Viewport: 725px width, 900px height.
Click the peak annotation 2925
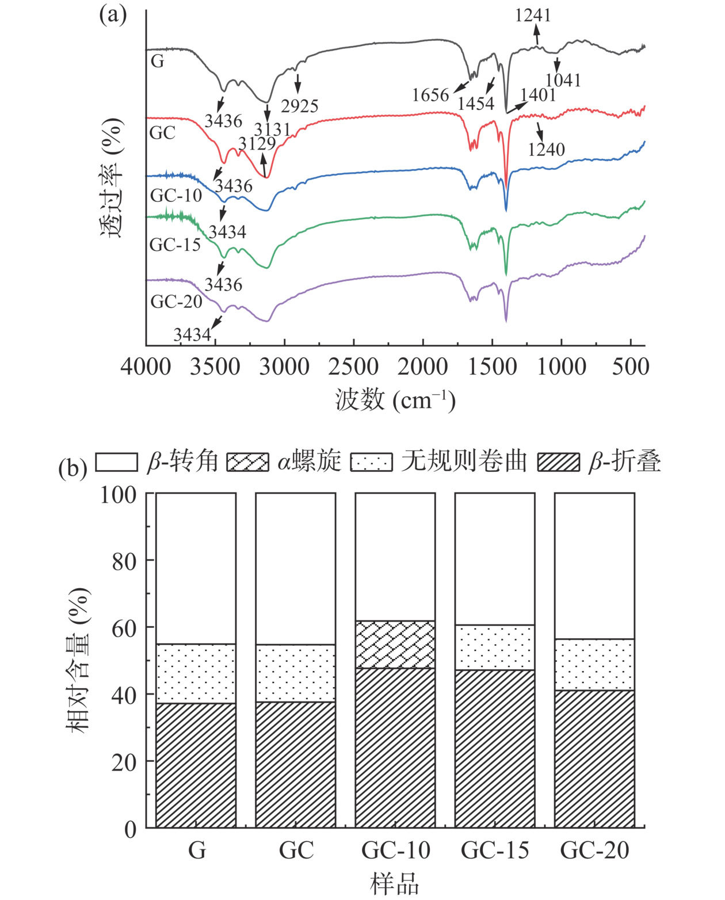(299, 105)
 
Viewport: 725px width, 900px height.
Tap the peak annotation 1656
(430, 94)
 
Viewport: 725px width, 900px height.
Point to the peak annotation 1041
(563, 80)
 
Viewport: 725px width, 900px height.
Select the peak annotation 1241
(533, 14)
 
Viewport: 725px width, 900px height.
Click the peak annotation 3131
(273, 129)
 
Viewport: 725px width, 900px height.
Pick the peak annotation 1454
(476, 104)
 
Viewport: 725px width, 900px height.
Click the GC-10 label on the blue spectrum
(176, 195)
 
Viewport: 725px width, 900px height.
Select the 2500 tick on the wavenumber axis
(353, 367)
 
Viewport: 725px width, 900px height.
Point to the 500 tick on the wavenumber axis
(631, 367)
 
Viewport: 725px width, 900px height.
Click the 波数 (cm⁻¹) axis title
(395, 399)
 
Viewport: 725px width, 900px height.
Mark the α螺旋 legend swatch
(247, 462)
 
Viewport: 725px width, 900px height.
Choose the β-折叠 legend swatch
(558, 462)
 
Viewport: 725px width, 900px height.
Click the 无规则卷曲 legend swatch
(372, 462)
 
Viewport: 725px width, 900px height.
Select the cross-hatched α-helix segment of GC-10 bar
(395, 645)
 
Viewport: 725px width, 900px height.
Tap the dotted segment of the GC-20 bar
(594, 665)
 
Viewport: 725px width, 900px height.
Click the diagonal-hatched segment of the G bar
(196, 765)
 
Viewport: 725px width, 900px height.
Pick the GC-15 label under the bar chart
(495, 850)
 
